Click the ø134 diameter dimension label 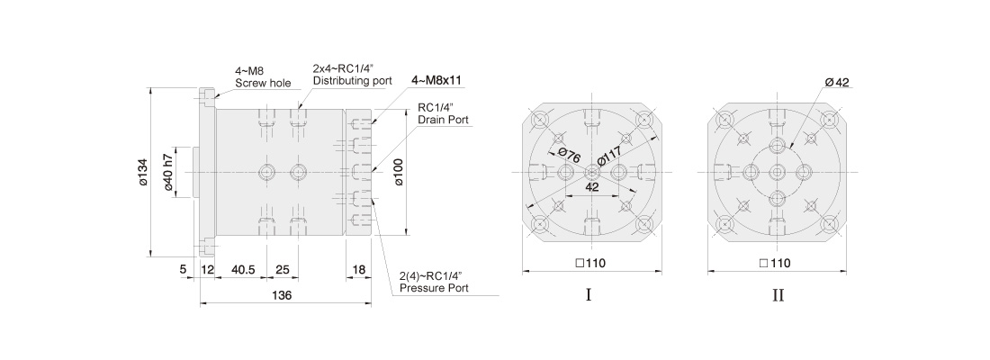[143, 172]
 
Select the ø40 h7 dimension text [168, 172]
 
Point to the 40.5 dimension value [242, 270]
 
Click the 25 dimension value [283, 270]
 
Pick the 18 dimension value [358, 270]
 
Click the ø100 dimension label [399, 172]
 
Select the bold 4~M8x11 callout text [436, 80]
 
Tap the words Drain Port [443, 119]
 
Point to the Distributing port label [352, 80]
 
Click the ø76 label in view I [570, 154]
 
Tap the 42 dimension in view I [591, 187]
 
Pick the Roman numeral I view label [589, 295]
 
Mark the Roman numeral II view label [778, 295]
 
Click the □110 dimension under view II [777, 263]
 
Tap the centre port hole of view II [778, 172]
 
